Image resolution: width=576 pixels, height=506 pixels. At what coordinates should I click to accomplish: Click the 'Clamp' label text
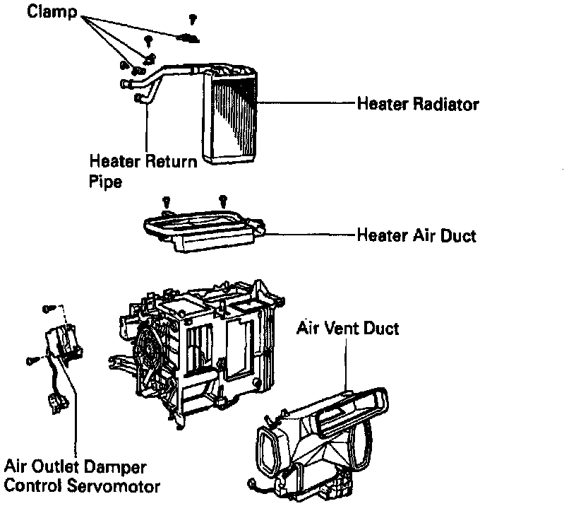[x=53, y=13]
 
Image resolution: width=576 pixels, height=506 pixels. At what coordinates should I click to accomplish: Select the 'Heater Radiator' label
[x=418, y=104]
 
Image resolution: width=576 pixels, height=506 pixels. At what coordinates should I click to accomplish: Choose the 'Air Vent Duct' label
[x=347, y=328]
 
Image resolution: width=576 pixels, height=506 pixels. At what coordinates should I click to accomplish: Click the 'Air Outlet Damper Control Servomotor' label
[x=81, y=476]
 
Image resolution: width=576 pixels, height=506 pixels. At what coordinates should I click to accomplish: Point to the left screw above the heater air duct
[x=165, y=201]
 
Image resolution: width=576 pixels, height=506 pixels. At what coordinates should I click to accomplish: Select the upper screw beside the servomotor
[x=47, y=308]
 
